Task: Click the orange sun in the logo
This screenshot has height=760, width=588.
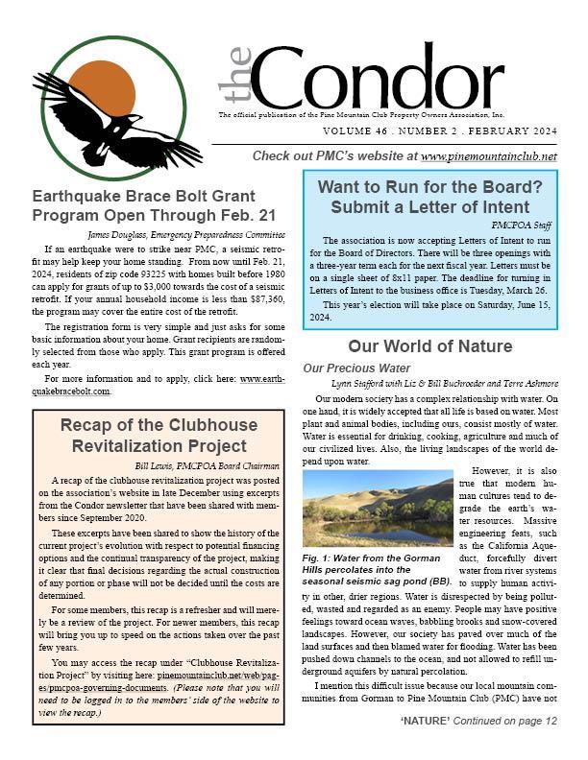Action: pyautogui.click(x=102, y=87)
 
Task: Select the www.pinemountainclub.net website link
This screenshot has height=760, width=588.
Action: pyautogui.click(x=489, y=155)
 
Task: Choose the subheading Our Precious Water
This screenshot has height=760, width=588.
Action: pyautogui.click(x=356, y=368)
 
